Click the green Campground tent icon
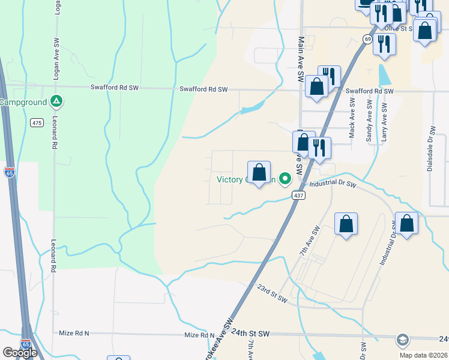(56, 101)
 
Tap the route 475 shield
(37, 122)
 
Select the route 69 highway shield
(367, 39)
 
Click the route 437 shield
(298, 196)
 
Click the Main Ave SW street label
(301, 59)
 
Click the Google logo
(20, 353)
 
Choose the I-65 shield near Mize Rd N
(26, 343)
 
